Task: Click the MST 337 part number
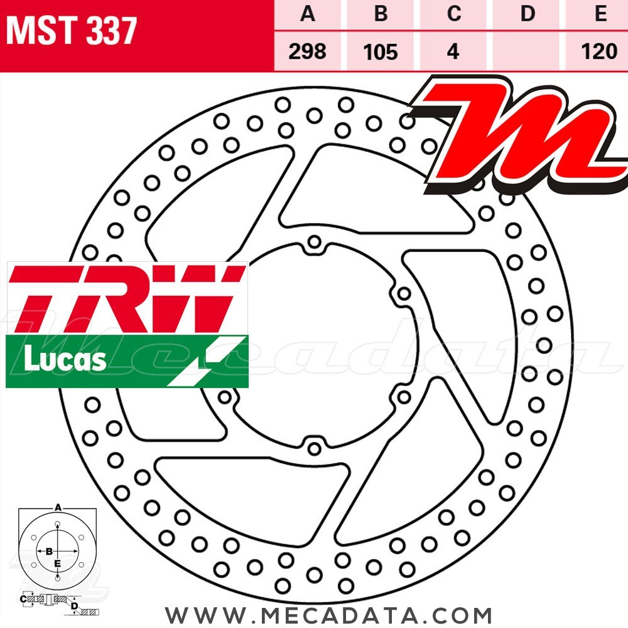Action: click(x=72, y=31)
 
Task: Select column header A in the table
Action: click(x=308, y=14)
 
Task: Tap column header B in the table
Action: click(x=381, y=14)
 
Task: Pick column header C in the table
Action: click(x=454, y=14)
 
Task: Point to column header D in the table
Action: click(x=528, y=14)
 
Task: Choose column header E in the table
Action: click(x=600, y=14)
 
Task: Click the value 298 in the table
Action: click(x=307, y=51)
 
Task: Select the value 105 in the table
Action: click(x=381, y=52)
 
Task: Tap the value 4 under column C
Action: click(x=453, y=51)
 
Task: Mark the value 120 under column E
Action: click(x=599, y=51)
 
